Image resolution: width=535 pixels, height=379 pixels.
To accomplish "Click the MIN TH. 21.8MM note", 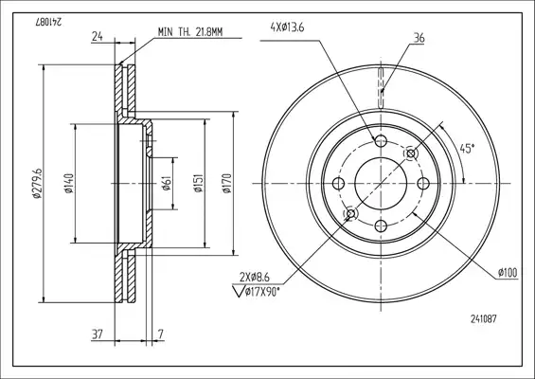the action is click(190, 32).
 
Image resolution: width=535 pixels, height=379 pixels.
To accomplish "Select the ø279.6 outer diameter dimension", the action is click(37, 183).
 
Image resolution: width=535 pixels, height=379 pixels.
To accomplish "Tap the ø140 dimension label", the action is click(69, 184).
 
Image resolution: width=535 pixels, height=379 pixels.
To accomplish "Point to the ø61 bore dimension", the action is click(166, 184).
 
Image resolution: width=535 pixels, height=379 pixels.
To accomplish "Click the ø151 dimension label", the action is click(199, 184).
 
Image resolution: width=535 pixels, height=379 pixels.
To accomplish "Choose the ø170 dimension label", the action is click(227, 184).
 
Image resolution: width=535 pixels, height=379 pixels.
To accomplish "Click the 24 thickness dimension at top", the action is click(98, 36).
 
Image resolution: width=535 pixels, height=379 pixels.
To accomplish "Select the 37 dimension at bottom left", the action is click(98, 334).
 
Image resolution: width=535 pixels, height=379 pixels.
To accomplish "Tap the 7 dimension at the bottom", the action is click(161, 334).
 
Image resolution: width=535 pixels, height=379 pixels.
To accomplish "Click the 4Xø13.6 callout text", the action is click(287, 27).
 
